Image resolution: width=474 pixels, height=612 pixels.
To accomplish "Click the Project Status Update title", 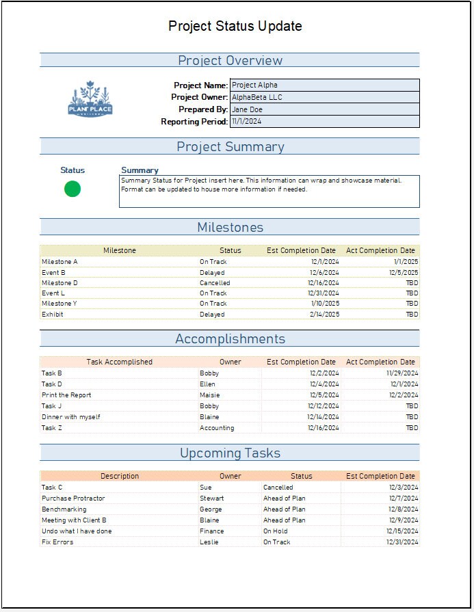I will pos(235,27).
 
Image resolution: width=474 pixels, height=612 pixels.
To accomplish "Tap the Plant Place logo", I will pos(90,100).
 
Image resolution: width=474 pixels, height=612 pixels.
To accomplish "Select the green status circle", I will pos(73,189).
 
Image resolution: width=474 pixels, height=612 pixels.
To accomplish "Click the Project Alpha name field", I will pos(324,85).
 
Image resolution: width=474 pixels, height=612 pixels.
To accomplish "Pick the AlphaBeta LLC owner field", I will pos(324,97).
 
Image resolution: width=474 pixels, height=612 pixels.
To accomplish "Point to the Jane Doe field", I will pos(324,109).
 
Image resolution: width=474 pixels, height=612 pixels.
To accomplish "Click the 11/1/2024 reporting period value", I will pos(324,122).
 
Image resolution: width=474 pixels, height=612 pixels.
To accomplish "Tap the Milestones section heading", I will pos(230,228).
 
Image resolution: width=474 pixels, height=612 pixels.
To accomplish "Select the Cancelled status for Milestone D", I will pos(215,283).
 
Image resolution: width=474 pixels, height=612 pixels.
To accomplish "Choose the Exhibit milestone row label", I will pos(53,315).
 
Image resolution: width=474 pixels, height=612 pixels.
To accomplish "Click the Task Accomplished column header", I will pos(119,362).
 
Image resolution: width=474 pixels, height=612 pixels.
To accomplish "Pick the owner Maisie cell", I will pos(211,395).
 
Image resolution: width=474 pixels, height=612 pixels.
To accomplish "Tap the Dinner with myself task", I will pos(71,417).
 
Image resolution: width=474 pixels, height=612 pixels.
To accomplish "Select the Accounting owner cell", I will pos(217,428).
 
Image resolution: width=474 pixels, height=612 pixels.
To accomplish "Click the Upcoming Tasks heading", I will pos(230,453).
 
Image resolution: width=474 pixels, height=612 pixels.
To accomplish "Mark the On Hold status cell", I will pos(276,531).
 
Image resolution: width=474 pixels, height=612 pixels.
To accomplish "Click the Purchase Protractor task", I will pos(73,498).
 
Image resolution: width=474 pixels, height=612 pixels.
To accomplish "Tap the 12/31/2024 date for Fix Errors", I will pos(401,542).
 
